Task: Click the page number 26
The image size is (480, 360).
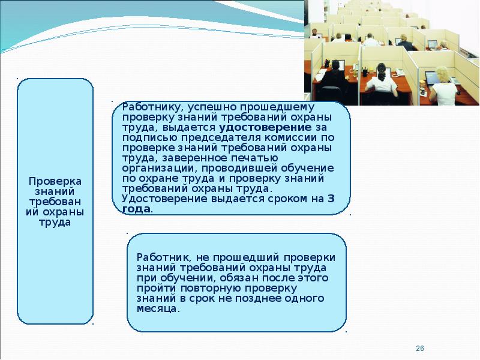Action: pos(419,349)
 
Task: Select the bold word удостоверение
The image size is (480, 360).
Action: pos(265,127)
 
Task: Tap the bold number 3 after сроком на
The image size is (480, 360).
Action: pos(331,199)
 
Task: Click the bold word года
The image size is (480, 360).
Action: pos(136,209)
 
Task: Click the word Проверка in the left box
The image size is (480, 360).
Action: pos(55,182)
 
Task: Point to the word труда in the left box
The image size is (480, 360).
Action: pos(55,223)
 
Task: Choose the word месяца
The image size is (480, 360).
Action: pos(157,309)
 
